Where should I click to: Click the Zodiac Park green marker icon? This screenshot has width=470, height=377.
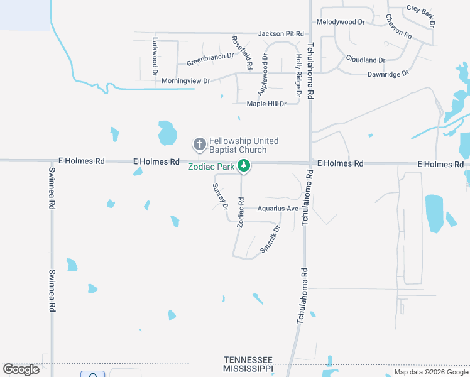pyautogui.click(x=244, y=167)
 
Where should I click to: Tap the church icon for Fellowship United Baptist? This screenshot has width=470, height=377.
pyautogui.click(x=200, y=145)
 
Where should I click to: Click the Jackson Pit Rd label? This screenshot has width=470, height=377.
pyautogui.click(x=281, y=33)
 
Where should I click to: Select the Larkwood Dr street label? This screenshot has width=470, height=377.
pyautogui.click(x=155, y=57)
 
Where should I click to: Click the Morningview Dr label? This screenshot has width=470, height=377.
pyautogui.click(x=185, y=81)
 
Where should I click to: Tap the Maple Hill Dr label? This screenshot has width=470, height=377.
pyautogui.click(x=266, y=104)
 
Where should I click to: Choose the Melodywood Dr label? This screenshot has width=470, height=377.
pyautogui.click(x=341, y=22)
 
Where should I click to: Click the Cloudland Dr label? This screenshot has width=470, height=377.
pyautogui.click(x=365, y=60)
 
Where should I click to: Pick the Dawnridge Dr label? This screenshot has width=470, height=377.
pyautogui.click(x=388, y=74)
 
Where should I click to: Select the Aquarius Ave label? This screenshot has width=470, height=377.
pyautogui.click(x=277, y=209)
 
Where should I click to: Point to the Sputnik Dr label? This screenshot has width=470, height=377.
pyautogui.click(x=270, y=239)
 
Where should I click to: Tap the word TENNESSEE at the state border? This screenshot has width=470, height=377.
pyautogui.click(x=248, y=358)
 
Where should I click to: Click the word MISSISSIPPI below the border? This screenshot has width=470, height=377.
pyautogui.click(x=248, y=368)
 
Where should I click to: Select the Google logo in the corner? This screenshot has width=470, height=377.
pyautogui.click(x=21, y=369)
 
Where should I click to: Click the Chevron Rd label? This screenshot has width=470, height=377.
pyautogui.click(x=398, y=26)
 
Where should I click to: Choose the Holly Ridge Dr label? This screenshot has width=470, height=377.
pyautogui.click(x=298, y=75)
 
